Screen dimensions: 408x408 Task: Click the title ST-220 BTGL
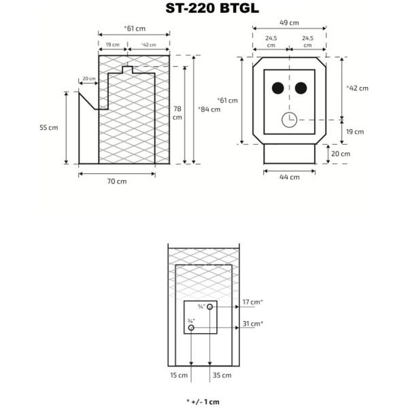[x=203, y=8]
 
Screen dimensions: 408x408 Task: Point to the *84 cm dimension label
[x=209, y=109]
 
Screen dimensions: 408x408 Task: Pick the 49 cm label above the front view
[x=289, y=22]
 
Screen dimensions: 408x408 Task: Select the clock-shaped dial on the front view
[x=289, y=120]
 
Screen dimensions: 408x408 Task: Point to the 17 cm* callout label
[x=253, y=302]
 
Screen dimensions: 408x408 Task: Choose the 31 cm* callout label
[x=253, y=324]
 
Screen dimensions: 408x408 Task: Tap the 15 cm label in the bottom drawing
[x=179, y=375]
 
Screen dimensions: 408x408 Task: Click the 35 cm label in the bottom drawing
[x=222, y=375]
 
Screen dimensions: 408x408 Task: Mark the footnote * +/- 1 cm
[x=203, y=402]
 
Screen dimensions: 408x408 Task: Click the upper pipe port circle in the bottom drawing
[x=210, y=307]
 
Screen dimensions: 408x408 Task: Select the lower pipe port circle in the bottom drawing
[x=192, y=328]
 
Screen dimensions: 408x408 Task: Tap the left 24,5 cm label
[x=271, y=42]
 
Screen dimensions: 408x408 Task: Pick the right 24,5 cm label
[x=307, y=42]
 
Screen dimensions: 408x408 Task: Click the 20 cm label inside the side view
[x=88, y=79]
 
